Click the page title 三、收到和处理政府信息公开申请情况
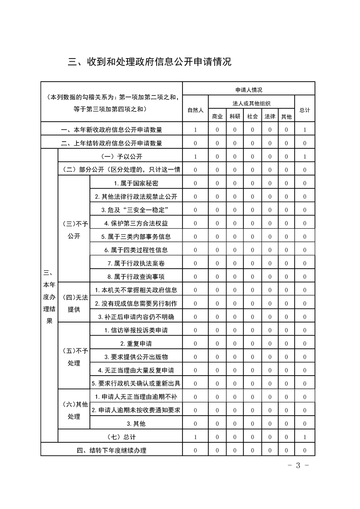(150, 62)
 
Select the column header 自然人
(195, 110)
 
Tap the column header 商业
(217, 116)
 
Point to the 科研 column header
(235, 116)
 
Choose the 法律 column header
(270, 116)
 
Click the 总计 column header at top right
(305, 110)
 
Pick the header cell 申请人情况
(248, 89)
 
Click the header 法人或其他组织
(251, 103)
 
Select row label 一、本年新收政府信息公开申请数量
(112, 130)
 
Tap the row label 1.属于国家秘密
(136, 183)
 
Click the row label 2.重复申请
(136, 343)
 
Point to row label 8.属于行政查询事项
(136, 277)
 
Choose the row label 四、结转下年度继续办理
(112, 450)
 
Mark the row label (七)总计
(120, 437)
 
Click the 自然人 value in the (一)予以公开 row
(195, 157)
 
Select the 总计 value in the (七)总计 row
(305, 437)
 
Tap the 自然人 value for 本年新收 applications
(195, 130)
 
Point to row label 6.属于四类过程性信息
(136, 250)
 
